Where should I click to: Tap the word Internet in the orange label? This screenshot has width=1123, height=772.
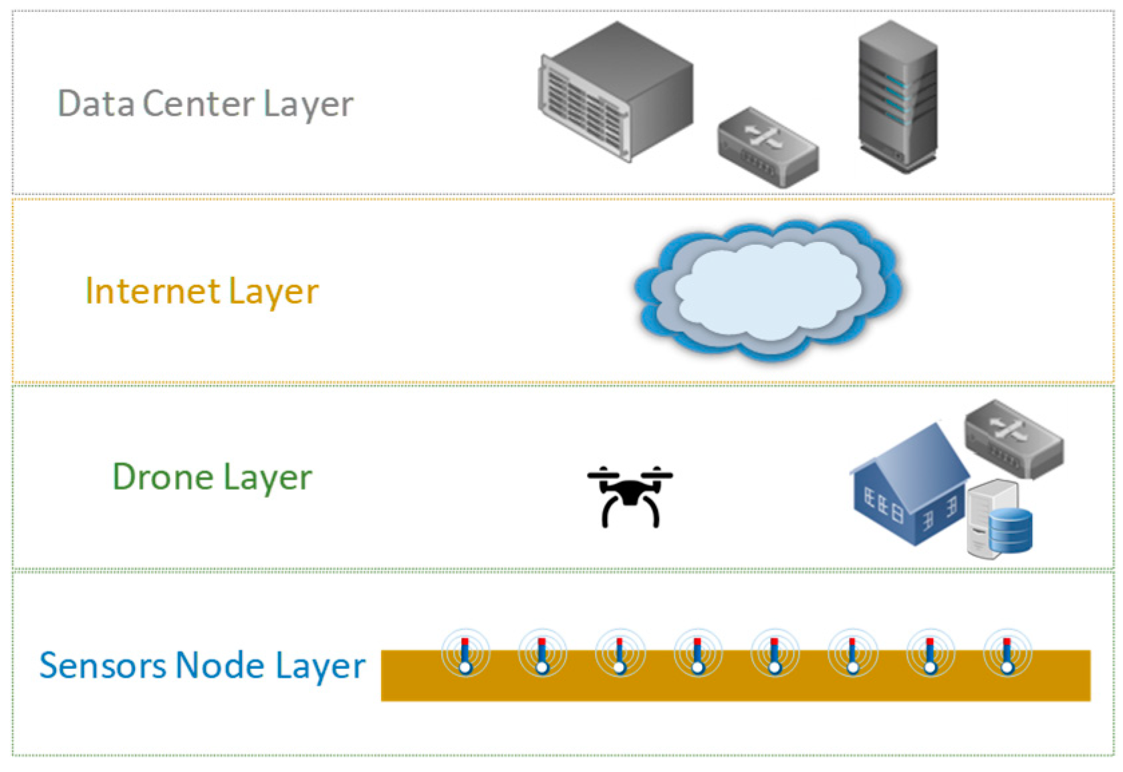(153, 291)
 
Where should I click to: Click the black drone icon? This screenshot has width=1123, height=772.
(630, 496)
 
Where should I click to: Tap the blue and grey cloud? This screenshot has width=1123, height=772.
(769, 290)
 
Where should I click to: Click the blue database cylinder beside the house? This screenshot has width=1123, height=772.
(1011, 531)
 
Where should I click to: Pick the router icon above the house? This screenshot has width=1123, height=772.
(1015, 439)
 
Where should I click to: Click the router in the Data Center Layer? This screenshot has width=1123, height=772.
(769, 147)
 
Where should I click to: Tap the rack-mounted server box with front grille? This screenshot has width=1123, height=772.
(616, 91)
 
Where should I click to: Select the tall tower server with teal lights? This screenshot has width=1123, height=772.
(898, 97)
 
